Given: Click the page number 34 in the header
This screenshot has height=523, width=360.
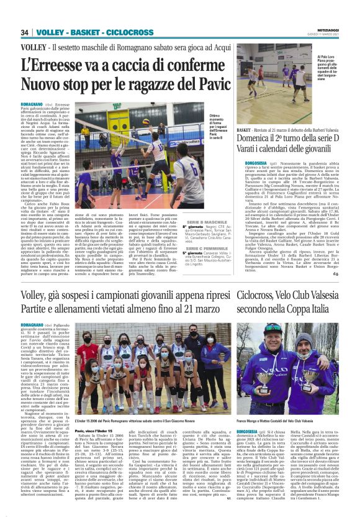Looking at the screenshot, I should [x=25, y=32].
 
